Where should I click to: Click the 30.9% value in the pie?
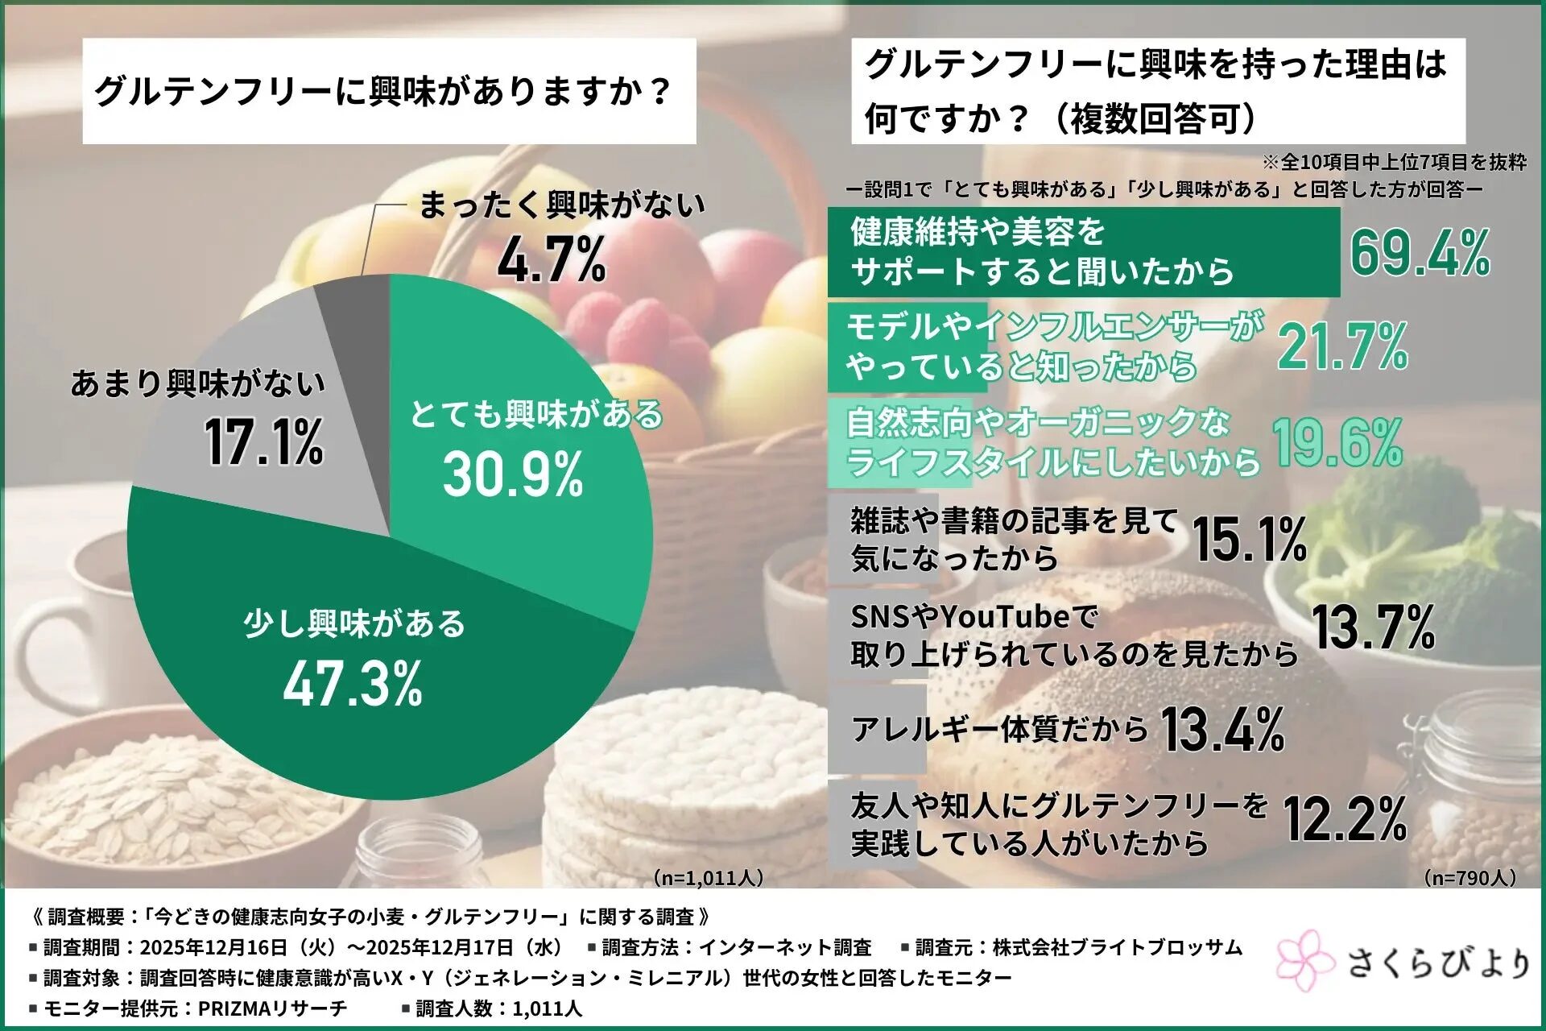pos(513,474)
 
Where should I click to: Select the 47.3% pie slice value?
pos(353,684)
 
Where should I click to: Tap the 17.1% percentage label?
pos(263,442)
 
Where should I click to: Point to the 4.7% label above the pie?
pos(552,260)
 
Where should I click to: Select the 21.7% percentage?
pos(1343,347)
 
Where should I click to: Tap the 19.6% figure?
pos(1337,443)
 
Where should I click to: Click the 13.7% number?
pos(1374,628)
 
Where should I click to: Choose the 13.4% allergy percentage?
pos(1223,730)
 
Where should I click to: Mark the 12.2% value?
pos(1346,819)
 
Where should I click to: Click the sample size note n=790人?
pos(1470,877)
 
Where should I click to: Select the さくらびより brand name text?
pos(1438,963)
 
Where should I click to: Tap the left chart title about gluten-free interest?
pos(383,91)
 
